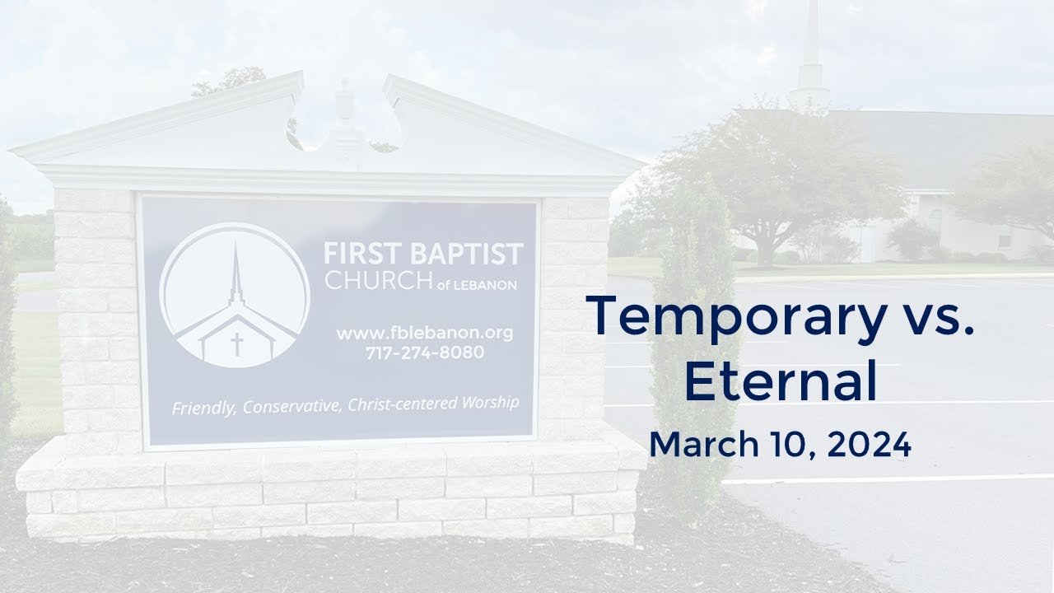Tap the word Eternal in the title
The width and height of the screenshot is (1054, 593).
[x=780, y=382]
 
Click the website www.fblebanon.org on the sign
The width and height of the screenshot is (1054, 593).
[x=424, y=334]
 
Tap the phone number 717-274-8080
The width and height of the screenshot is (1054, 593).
[x=424, y=353]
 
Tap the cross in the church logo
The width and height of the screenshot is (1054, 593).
[x=237, y=342]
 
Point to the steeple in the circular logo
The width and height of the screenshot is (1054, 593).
[x=236, y=272]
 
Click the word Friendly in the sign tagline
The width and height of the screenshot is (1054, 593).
[x=203, y=408]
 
